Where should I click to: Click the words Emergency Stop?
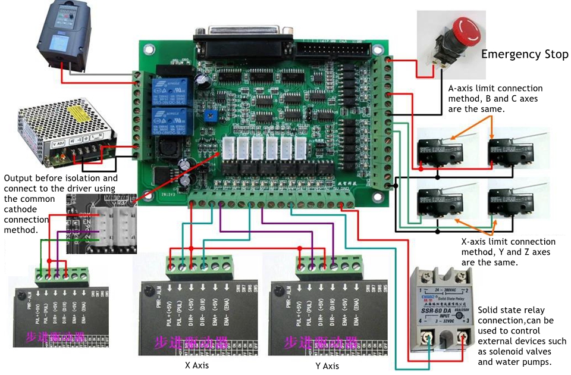pos(525,55)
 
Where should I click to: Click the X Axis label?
pos(196,365)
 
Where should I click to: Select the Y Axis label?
pos(327,366)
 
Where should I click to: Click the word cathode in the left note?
pos(20,210)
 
